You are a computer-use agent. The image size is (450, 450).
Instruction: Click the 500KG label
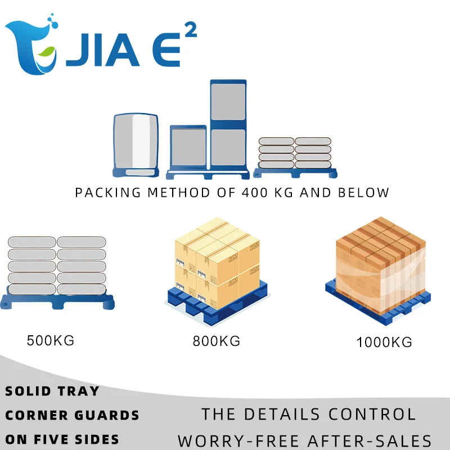tap(51, 340)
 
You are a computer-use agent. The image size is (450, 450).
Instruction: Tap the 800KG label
tap(217, 341)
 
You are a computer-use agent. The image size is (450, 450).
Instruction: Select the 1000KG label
tap(384, 341)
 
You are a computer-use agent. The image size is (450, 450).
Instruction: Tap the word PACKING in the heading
tap(108, 192)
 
